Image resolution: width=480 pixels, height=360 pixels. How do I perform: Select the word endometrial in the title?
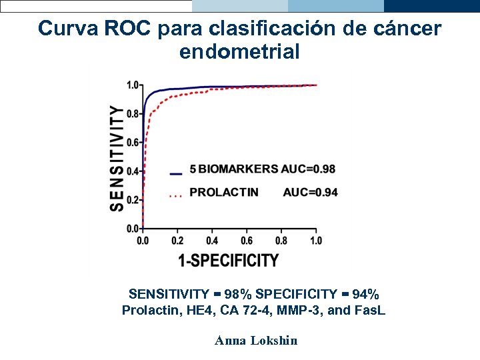pos(239,51)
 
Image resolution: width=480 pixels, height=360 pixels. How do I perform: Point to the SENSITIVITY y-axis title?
pos(117,159)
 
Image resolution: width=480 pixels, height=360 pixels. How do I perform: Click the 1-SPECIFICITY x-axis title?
pos(229,260)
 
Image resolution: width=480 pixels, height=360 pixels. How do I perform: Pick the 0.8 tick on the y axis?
pos(133,114)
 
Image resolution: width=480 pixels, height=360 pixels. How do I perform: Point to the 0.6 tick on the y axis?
pos(133,143)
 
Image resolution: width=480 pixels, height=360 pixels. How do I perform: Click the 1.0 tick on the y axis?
pos(133,85)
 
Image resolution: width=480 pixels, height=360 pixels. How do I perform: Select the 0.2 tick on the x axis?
pos(177,240)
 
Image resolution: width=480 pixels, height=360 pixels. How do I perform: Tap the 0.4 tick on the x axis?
pos(212,240)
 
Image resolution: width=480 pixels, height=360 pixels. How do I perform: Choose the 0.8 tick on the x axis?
pos(281,240)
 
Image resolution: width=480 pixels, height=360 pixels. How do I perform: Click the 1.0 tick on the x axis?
pos(315,240)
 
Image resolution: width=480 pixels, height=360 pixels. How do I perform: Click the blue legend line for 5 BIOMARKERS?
pos(176,173)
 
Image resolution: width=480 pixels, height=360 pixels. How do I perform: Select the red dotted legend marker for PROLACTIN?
pos(176,195)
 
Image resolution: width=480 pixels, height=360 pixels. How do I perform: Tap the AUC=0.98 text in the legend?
pos(309,169)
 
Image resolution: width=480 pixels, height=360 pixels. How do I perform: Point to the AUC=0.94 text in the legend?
pos(310,193)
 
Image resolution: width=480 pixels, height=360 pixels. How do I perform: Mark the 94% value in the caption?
pos(365,294)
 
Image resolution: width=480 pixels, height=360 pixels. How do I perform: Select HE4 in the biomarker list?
pos(185,310)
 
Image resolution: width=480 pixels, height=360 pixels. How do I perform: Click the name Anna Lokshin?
pos(256,341)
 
